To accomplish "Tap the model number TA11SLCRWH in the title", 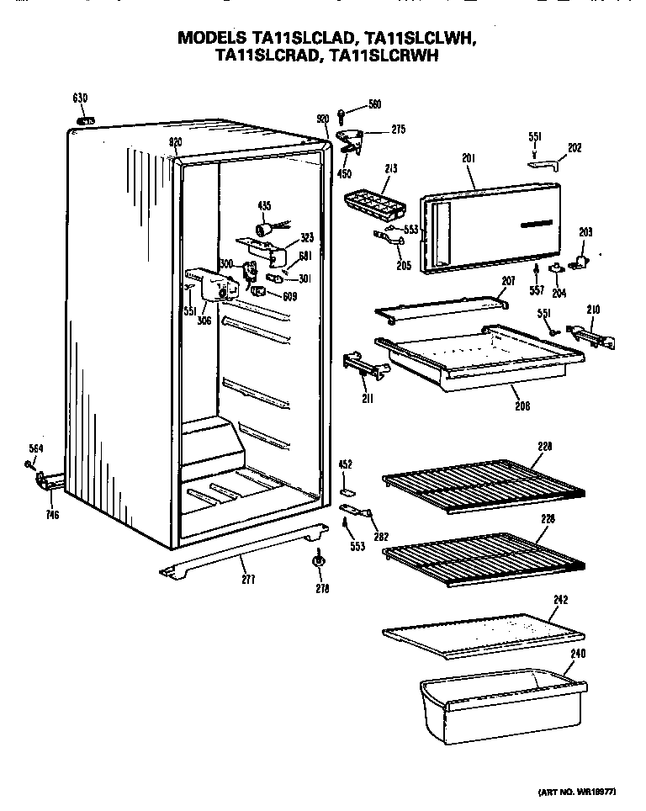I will coord(384,56).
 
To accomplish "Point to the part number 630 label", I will coord(80,99).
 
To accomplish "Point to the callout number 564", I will coord(35,448).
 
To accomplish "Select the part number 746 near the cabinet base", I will coord(52,515).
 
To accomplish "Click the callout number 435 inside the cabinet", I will coord(263,206).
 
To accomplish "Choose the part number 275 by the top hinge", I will coord(398,129).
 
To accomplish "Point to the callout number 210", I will coord(593,310).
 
